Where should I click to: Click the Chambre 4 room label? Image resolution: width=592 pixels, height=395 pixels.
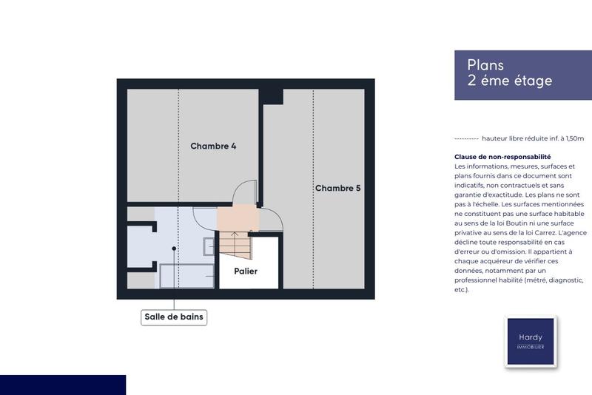[x=213, y=146]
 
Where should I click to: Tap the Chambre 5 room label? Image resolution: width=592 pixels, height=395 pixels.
[x=337, y=188]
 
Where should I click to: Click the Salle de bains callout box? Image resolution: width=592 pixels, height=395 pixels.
[x=174, y=317]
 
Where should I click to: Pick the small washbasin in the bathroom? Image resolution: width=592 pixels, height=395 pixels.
[x=209, y=246]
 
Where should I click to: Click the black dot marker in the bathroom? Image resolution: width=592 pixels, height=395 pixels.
[x=174, y=249]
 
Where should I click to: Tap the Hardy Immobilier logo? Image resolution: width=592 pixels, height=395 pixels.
[x=530, y=341]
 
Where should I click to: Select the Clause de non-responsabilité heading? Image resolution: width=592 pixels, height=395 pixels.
[x=502, y=157]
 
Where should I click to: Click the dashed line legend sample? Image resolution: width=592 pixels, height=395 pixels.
[x=465, y=138]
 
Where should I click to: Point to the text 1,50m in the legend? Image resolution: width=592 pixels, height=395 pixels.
[x=571, y=138]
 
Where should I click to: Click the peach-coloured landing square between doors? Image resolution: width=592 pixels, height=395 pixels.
[x=238, y=219]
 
